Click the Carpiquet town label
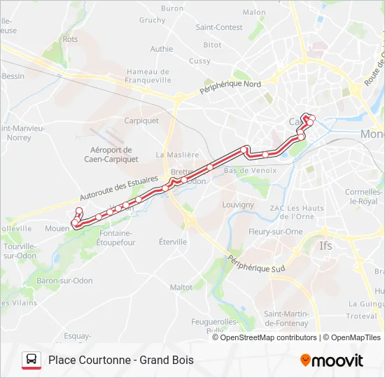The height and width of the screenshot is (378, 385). point(141,120)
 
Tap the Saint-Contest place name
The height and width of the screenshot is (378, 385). point(219,28)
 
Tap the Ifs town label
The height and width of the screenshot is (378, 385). point(326,246)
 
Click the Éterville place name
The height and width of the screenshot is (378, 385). point(173,242)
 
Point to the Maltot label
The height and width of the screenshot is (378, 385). point(181,287)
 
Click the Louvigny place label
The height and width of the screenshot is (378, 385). point(238,205)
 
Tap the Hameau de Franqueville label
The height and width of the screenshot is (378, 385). point(148,76)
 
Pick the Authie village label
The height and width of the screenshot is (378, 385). point(162,49)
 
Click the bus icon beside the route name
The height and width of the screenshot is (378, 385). point(31,360)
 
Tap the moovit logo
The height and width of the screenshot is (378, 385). point(332,360)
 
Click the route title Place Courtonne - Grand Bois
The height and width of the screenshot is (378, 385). point(121,360)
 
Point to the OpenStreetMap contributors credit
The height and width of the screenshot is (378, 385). point(265,337)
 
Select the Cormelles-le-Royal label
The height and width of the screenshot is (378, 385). point(361,197)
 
